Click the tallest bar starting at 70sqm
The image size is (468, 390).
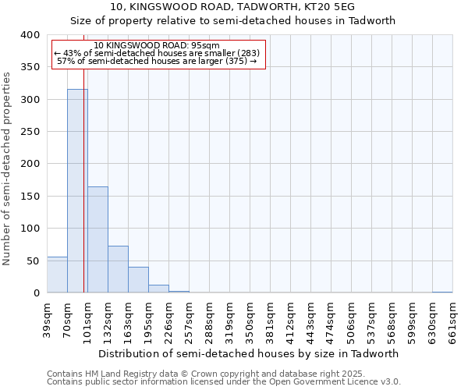[77, 191]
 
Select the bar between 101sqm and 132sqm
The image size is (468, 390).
[97, 239]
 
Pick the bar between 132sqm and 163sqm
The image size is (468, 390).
[118, 269]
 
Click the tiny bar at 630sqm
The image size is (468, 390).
[442, 292]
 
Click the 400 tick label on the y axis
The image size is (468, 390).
[30, 35]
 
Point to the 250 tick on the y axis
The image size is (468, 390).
[30, 132]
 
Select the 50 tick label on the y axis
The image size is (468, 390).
[33, 261]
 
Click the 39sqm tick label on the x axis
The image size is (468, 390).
[47, 318]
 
